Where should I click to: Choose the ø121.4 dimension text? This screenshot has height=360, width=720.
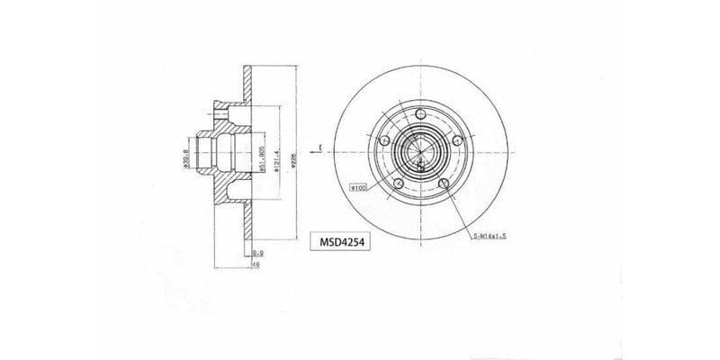(281, 158)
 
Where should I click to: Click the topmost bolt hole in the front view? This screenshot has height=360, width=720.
(421, 114)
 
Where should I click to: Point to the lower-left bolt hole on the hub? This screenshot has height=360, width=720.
(397, 184)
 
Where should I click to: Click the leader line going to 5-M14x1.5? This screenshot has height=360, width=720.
(462, 209)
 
